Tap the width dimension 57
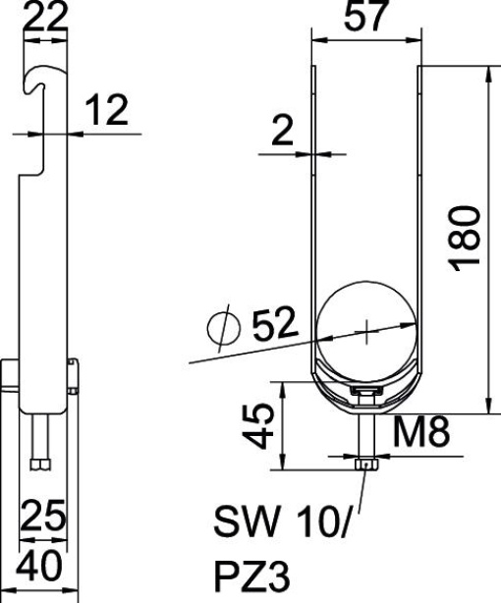(x=366, y=18)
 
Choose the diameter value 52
(x=278, y=325)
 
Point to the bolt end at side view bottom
(x=41, y=461)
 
